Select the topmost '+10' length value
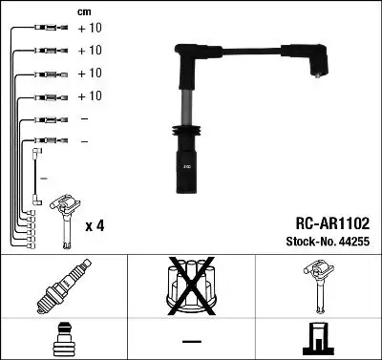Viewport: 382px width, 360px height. (x=89, y=29)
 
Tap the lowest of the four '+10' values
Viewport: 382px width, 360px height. (x=89, y=96)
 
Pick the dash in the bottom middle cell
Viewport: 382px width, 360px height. (x=191, y=340)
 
